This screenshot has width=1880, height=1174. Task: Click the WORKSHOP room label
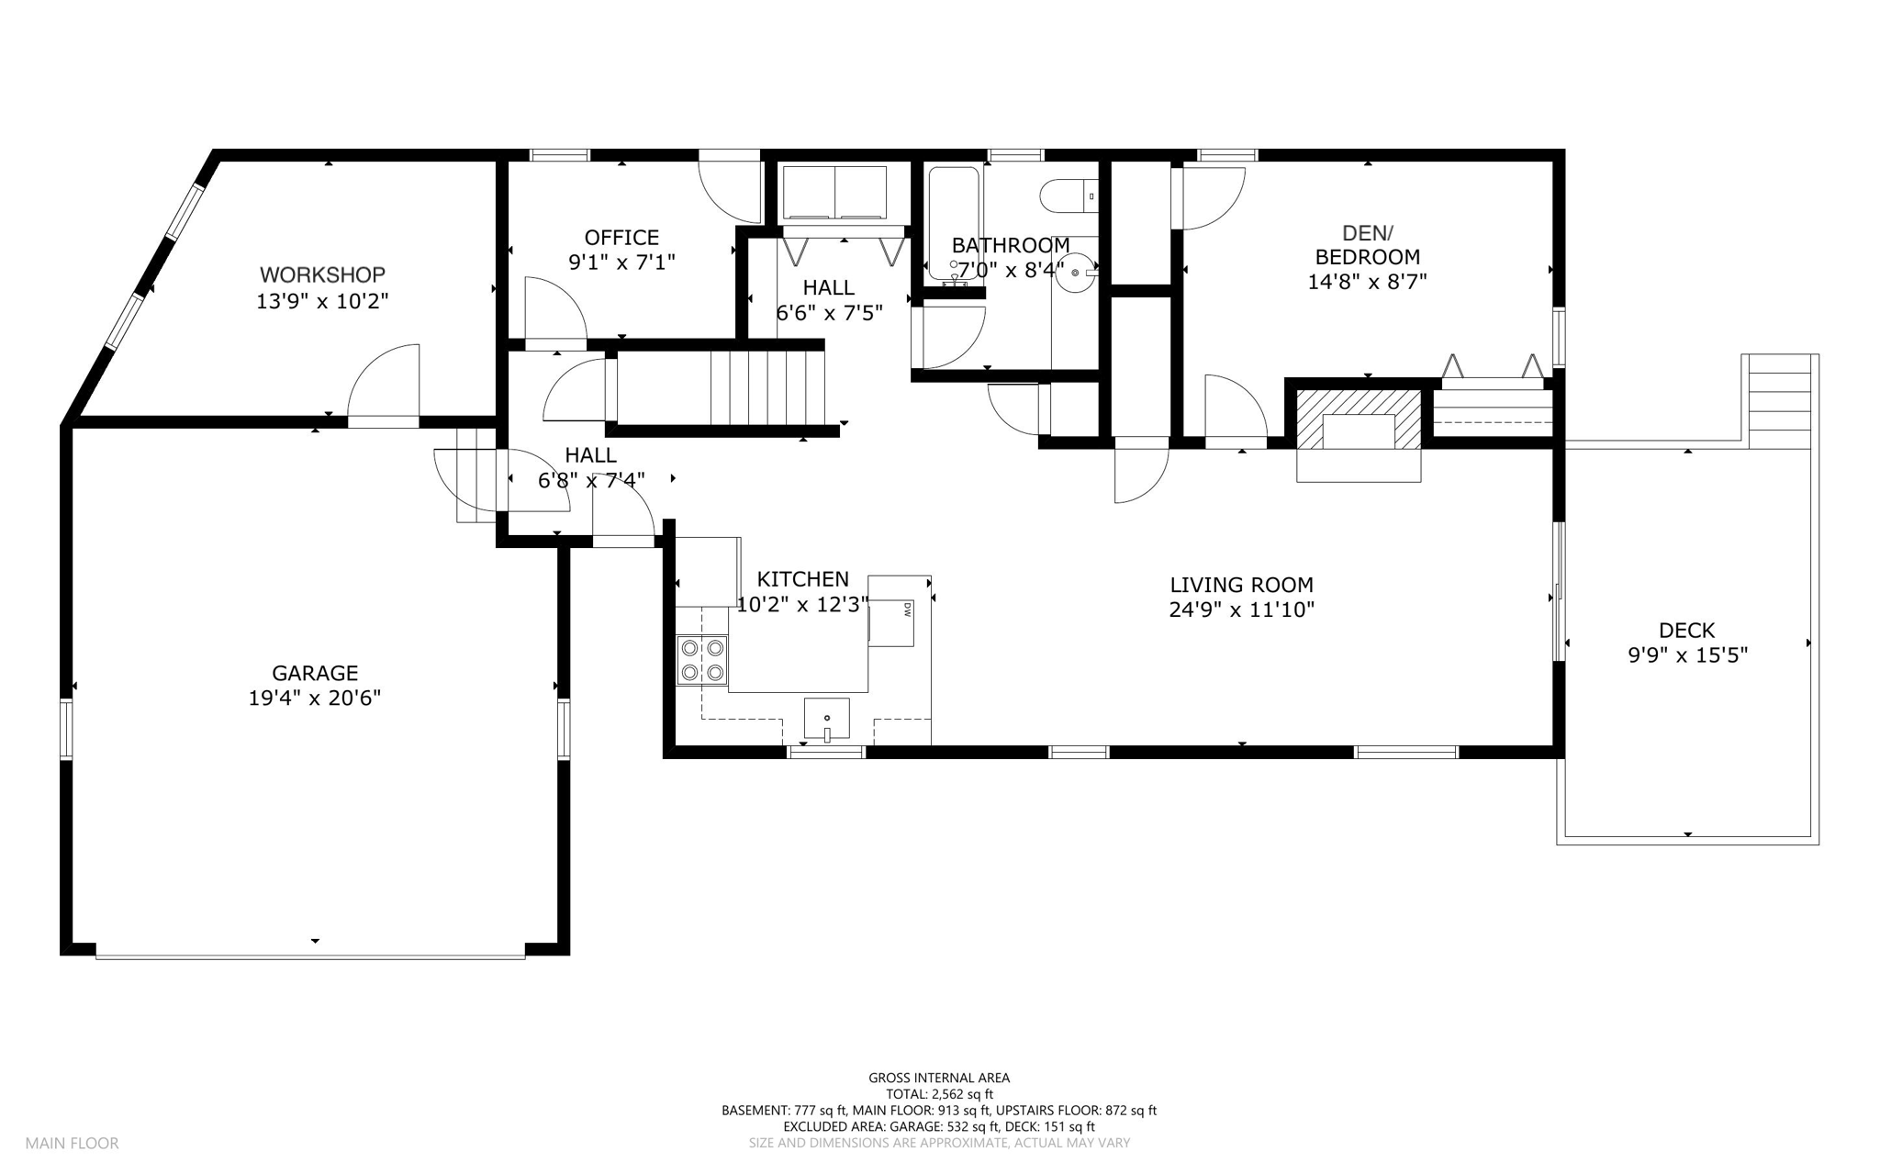(x=322, y=274)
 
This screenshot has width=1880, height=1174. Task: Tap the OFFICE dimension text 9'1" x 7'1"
(x=621, y=263)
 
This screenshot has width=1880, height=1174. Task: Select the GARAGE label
(x=315, y=673)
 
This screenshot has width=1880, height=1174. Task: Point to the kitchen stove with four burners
(x=702, y=660)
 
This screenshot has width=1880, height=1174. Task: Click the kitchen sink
(x=827, y=719)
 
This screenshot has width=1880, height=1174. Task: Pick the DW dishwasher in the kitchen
(x=891, y=622)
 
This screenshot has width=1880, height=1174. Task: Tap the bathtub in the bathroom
(x=954, y=223)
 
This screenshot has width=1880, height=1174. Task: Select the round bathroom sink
(x=1076, y=272)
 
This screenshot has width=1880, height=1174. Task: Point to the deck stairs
(x=1780, y=401)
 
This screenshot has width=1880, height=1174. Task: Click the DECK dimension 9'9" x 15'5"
(x=1687, y=655)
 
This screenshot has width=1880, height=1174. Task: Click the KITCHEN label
(x=803, y=579)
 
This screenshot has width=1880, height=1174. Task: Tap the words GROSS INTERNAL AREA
(x=939, y=1079)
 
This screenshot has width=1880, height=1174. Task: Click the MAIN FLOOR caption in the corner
(x=72, y=1144)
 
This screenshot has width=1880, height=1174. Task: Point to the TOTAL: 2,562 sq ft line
(x=939, y=1094)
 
